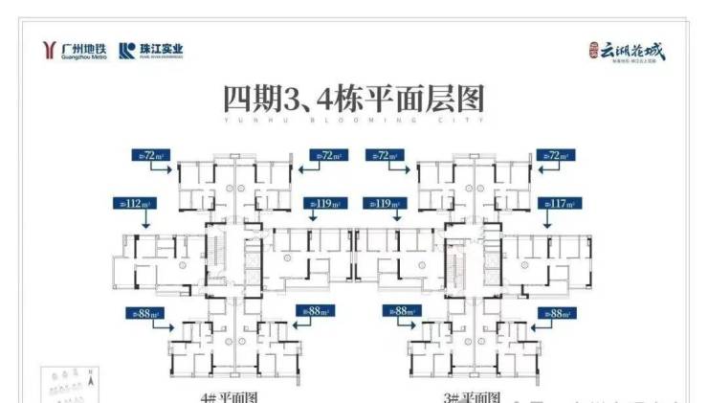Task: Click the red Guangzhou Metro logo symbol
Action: (x=50, y=50)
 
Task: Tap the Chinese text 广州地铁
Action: (x=83, y=47)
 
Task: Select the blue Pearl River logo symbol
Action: (x=126, y=51)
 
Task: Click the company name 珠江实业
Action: (x=161, y=48)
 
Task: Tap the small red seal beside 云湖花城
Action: (x=594, y=48)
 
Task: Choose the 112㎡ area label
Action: (x=134, y=203)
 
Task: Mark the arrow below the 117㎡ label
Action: (x=552, y=219)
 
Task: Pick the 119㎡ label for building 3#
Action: (x=383, y=203)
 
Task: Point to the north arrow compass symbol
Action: (x=88, y=381)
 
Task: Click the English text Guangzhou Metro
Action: (x=83, y=56)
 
